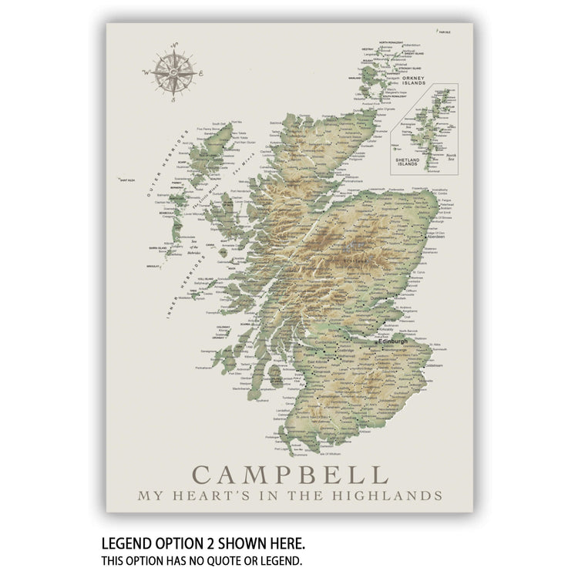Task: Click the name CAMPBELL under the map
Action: point(290,474)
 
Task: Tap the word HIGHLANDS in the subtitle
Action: point(395,496)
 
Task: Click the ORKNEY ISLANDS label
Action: point(417,80)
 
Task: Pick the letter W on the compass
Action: point(146,72)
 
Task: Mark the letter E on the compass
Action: point(200,75)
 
